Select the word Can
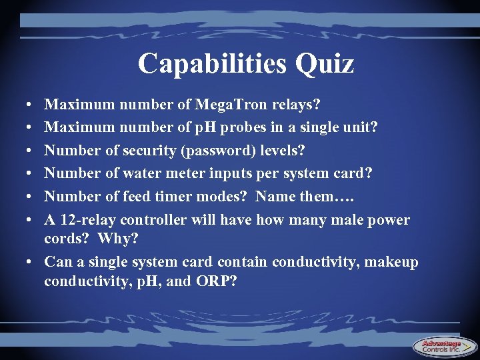57,262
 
